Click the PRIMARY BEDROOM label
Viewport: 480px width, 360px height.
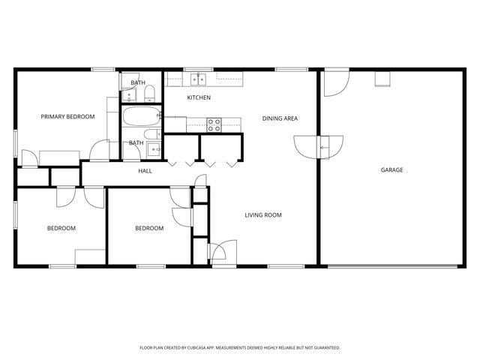coord(67,116)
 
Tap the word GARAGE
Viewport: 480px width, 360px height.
coord(391,170)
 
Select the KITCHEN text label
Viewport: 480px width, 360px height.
coord(199,97)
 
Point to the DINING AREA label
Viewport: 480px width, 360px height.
coord(280,118)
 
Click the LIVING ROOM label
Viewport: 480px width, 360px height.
coord(262,215)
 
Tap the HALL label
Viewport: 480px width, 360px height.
coord(145,171)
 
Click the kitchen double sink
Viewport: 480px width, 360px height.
coord(199,77)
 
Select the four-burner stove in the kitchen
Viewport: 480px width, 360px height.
coord(214,124)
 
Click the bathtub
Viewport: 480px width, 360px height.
coord(141,117)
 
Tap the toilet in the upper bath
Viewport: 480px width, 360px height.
coord(149,93)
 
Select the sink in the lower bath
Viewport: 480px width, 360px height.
coord(156,150)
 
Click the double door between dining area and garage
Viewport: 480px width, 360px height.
coord(319,145)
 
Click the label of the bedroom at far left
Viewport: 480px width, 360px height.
coord(61,228)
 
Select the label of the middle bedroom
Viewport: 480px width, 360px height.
coord(149,228)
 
